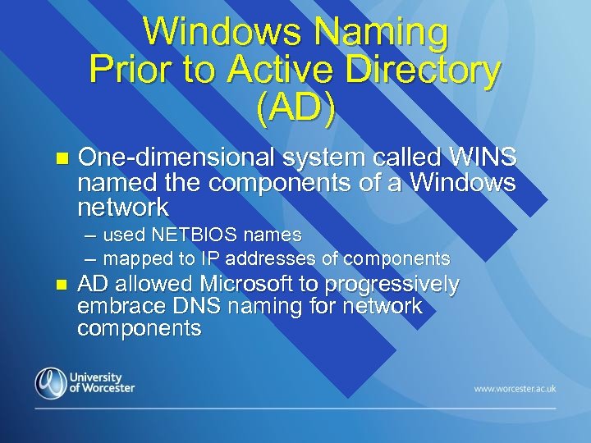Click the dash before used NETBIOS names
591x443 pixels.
click(x=89, y=235)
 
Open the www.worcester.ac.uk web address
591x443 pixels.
click(x=515, y=389)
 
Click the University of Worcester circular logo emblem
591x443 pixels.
click(x=50, y=383)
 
